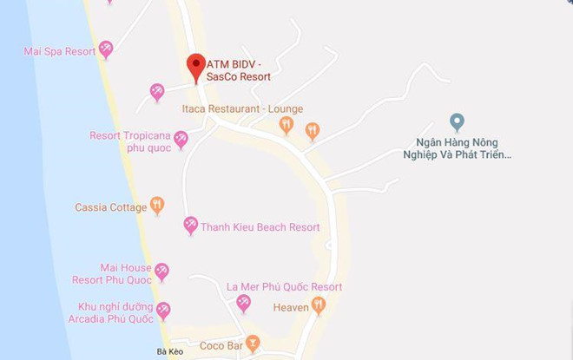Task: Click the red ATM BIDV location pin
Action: tap(196, 67)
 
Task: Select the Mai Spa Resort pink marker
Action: tap(106, 50)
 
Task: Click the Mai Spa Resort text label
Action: tap(59, 52)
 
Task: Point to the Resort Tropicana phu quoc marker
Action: tap(181, 138)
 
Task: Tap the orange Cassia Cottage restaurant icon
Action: tap(157, 206)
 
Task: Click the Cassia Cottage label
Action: tap(109, 206)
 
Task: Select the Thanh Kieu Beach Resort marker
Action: tap(190, 226)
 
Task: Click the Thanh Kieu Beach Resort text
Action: tap(260, 227)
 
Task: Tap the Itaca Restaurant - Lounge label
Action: tap(241, 109)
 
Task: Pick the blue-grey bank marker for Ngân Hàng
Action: tap(455, 121)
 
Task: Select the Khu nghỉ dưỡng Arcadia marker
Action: tap(162, 311)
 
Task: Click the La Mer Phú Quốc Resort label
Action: tap(284, 287)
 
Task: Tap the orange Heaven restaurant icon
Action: tap(319, 305)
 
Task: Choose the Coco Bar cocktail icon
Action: tap(253, 342)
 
